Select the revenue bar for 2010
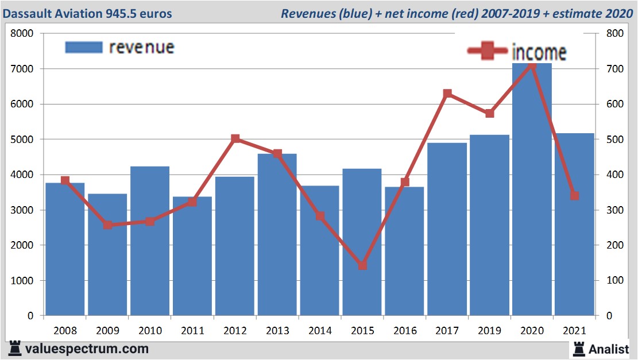[150, 241]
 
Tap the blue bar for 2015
[362, 241]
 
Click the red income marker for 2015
[362, 265]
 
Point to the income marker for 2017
[447, 94]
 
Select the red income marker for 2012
[235, 139]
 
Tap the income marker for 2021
[574, 196]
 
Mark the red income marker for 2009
[107, 225]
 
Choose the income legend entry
[517, 52]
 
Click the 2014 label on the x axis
[320, 331]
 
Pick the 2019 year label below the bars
[489, 331]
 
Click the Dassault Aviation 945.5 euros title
[87, 13]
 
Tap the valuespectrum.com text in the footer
[86, 349]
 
